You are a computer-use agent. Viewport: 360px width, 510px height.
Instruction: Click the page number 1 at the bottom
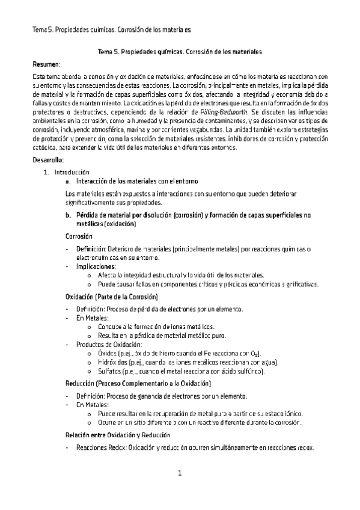coord(180,474)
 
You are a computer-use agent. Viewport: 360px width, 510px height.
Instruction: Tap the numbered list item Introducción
coord(63,172)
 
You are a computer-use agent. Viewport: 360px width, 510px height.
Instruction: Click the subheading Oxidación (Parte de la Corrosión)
coord(111,296)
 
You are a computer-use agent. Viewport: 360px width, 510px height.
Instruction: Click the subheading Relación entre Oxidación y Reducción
coord(118,435)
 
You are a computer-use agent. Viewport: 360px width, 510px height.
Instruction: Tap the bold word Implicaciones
coord(96,266)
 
